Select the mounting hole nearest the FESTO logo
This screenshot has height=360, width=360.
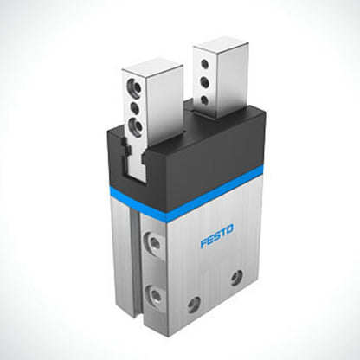[x=235, y=277]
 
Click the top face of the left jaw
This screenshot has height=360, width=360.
[x=152, y=65]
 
